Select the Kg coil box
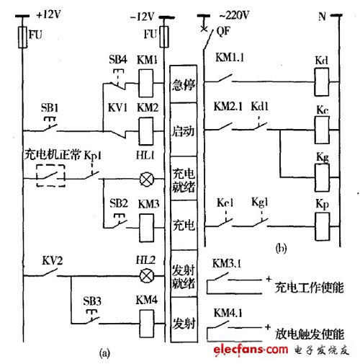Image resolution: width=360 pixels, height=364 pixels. coord(322,172)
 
